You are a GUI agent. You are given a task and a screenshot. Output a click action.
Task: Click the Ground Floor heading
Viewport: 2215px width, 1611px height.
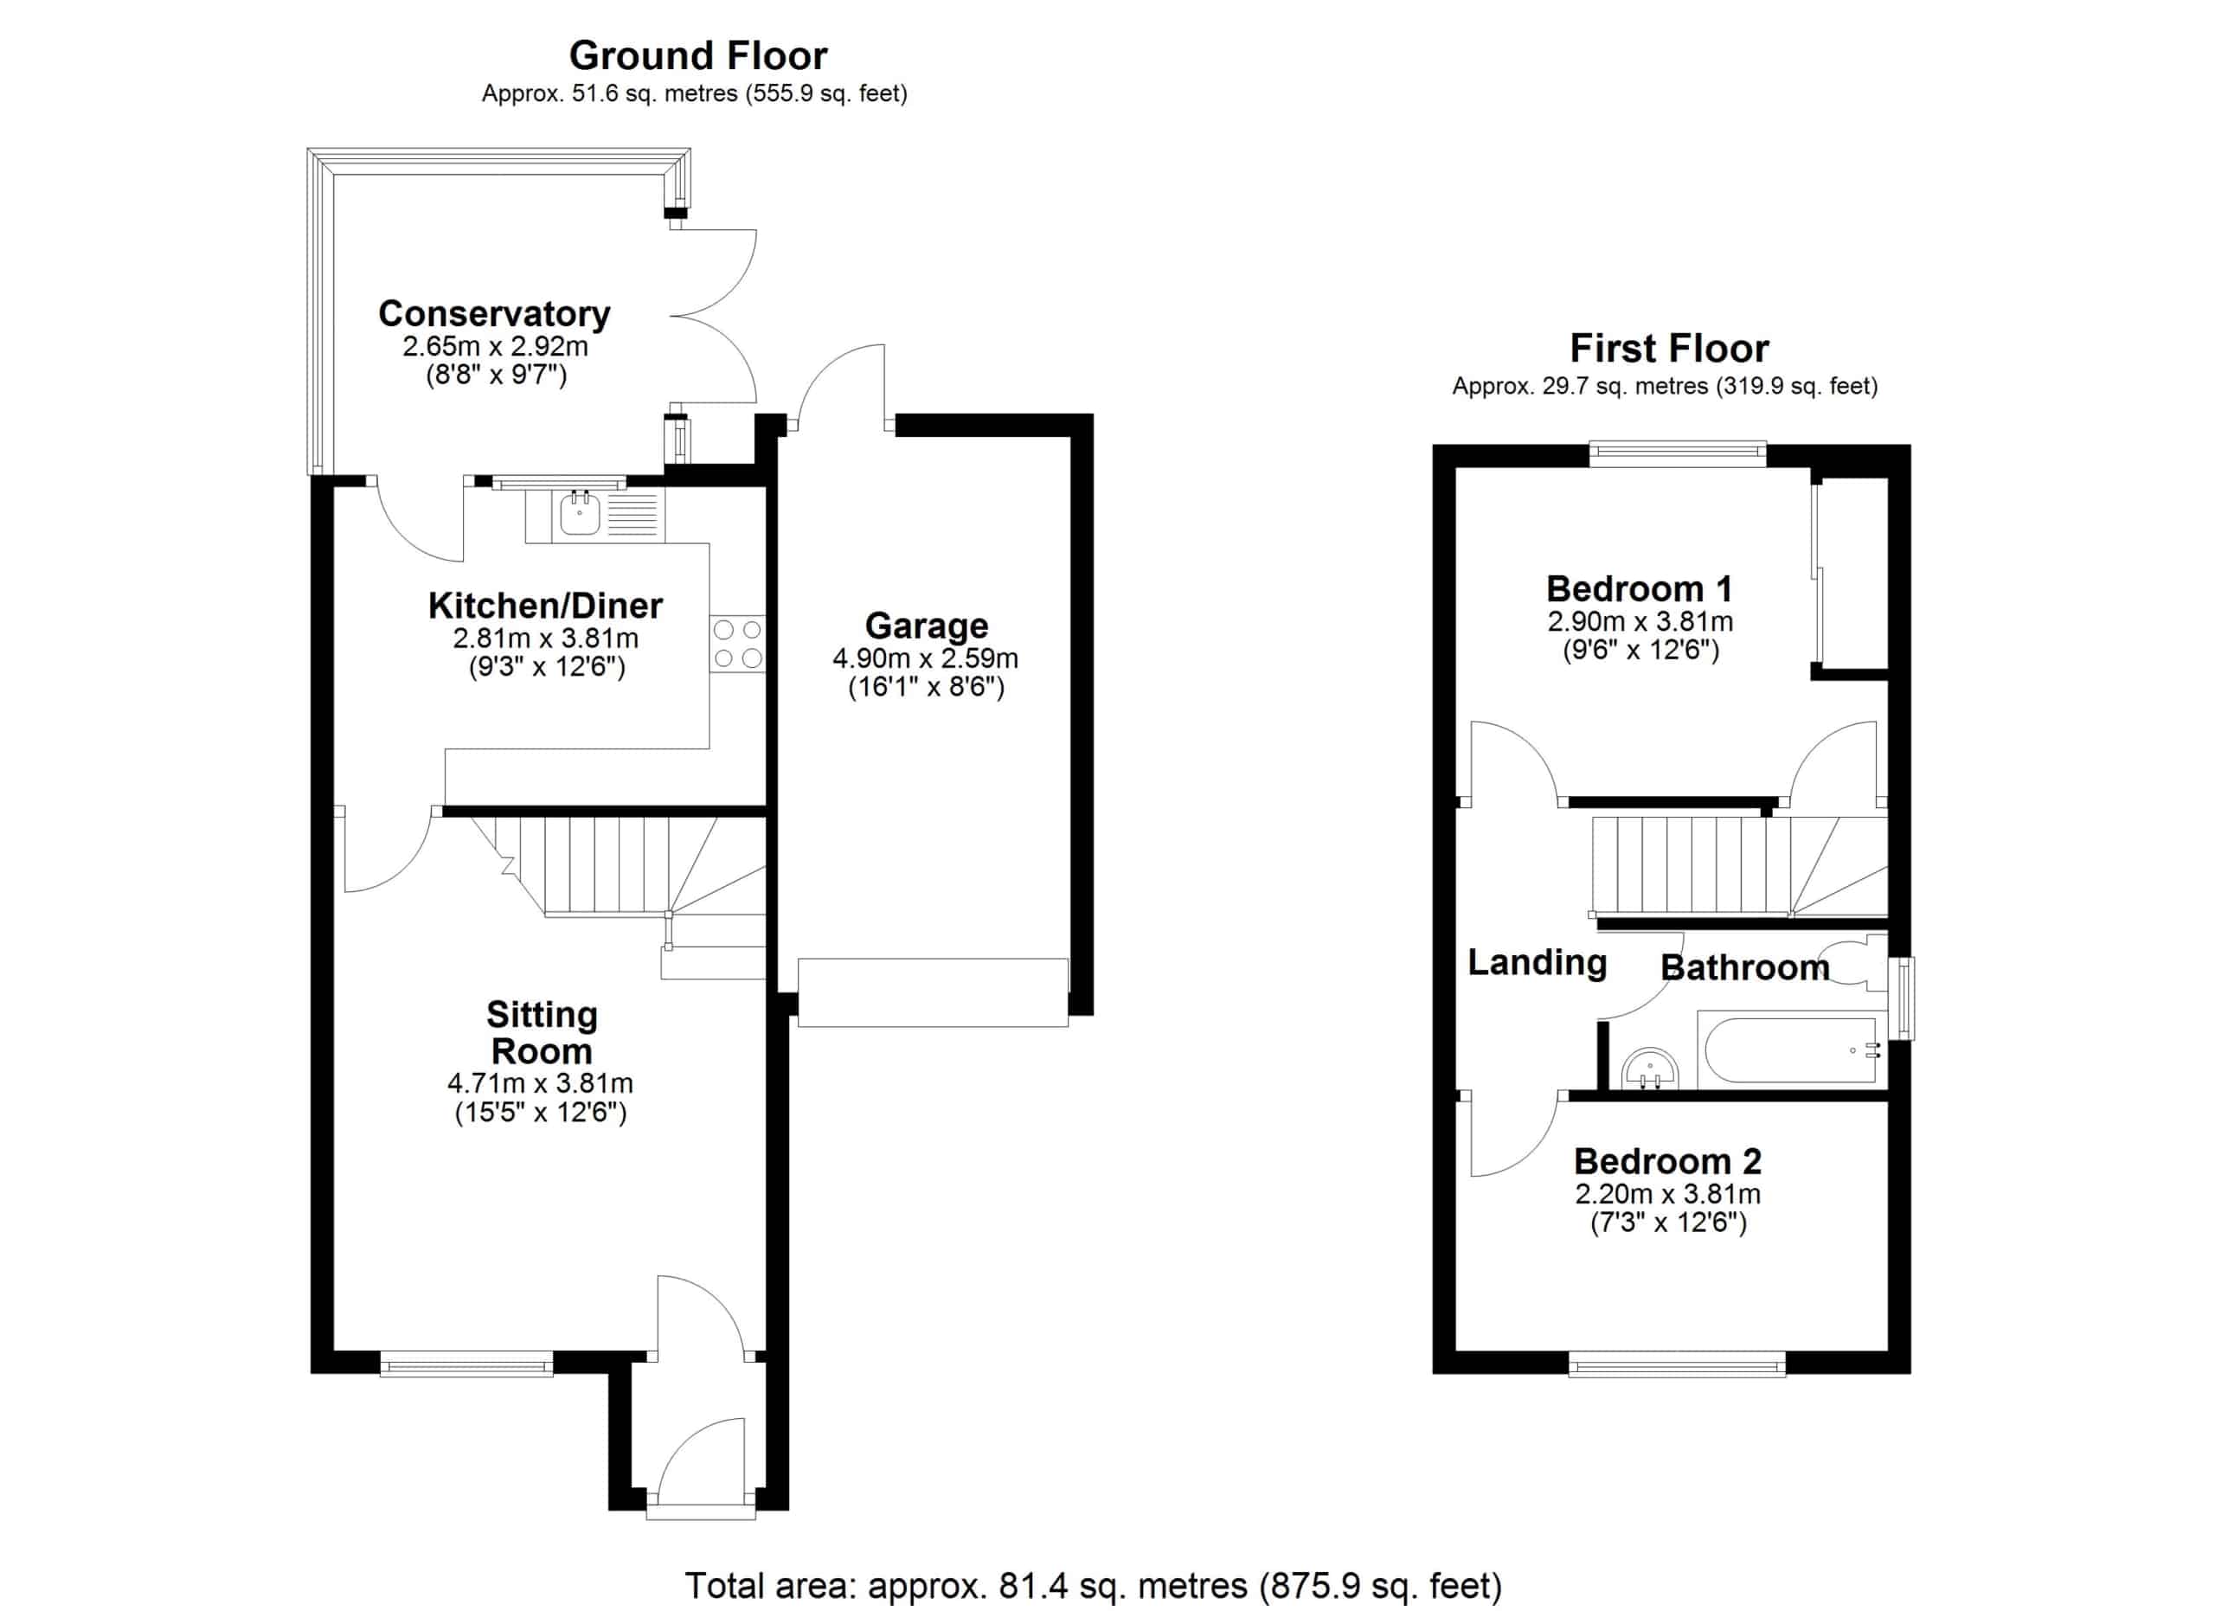pos(698,55)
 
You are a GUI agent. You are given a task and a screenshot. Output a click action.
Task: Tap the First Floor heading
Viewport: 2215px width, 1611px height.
pos(1669,349)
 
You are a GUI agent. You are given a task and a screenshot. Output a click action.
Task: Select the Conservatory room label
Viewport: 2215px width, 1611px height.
pos(494,313)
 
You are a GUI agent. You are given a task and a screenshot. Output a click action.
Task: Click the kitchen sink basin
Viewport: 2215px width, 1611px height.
pos(580,514)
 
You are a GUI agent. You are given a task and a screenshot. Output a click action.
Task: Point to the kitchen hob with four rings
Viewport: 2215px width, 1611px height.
pos(738,645)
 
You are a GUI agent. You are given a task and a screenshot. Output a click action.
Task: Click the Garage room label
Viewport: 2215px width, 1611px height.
pos(926,626)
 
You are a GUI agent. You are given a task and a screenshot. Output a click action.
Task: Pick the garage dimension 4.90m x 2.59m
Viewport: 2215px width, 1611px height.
pos(925,658)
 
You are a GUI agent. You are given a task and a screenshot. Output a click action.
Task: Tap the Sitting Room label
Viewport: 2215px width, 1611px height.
pos(542,1033)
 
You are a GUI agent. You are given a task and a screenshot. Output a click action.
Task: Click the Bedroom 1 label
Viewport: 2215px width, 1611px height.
pos(1640,588)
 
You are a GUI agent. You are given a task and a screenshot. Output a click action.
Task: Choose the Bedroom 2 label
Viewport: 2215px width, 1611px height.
pos(1667,1161)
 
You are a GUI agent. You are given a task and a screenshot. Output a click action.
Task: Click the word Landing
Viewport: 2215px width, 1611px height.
pos(1538,963)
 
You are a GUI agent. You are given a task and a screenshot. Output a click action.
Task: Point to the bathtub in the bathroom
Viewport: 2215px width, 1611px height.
pos(1791,1050)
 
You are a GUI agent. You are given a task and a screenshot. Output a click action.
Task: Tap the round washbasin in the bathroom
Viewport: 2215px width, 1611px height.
pos(1649,1070)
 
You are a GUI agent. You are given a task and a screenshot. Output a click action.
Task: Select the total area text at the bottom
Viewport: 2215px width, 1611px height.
pos(1093,1586)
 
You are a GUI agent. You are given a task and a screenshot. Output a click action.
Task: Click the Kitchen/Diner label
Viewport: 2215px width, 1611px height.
pos(545,606)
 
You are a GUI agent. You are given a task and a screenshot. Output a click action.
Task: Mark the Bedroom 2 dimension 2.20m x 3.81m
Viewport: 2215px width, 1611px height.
pos(1668,1193)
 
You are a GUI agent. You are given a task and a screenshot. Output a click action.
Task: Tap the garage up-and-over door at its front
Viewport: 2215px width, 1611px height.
pos(933,993)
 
